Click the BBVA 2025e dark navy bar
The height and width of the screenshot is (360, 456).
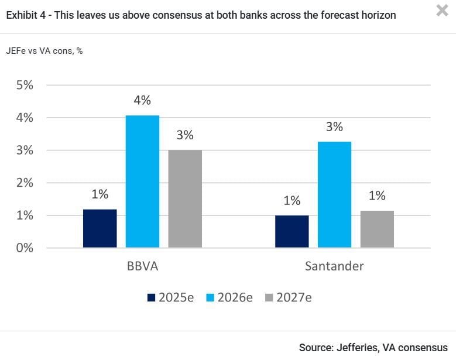pyautogui.click(x=100, y=228)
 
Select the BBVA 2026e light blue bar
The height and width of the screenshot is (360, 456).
pyautogui.click(x=142, y=181)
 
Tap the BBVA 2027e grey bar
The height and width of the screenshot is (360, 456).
pyautogui.click(x=185, y=198)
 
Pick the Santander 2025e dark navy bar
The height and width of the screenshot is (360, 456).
pyautogui.click(x=292, y=231)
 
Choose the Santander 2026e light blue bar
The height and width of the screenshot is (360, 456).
pyautogui.click(x=334, y=194)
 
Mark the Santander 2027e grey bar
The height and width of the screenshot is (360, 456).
pyautogui.click(x=377, y=229)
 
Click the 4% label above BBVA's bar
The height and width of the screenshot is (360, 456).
pyautogui.click(x=142, y=100)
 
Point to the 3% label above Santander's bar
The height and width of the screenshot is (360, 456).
pyautogui.click(x=334, y=126)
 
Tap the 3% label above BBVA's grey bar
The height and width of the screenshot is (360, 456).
pyautogui.click(x=185, y=135)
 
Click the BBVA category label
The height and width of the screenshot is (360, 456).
pyautogui.click(x=142, y=266)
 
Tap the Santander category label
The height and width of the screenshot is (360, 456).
pyautogui.click(x=334, y=266)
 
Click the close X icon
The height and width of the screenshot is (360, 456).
pyautogui.click(x=442, y=10)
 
